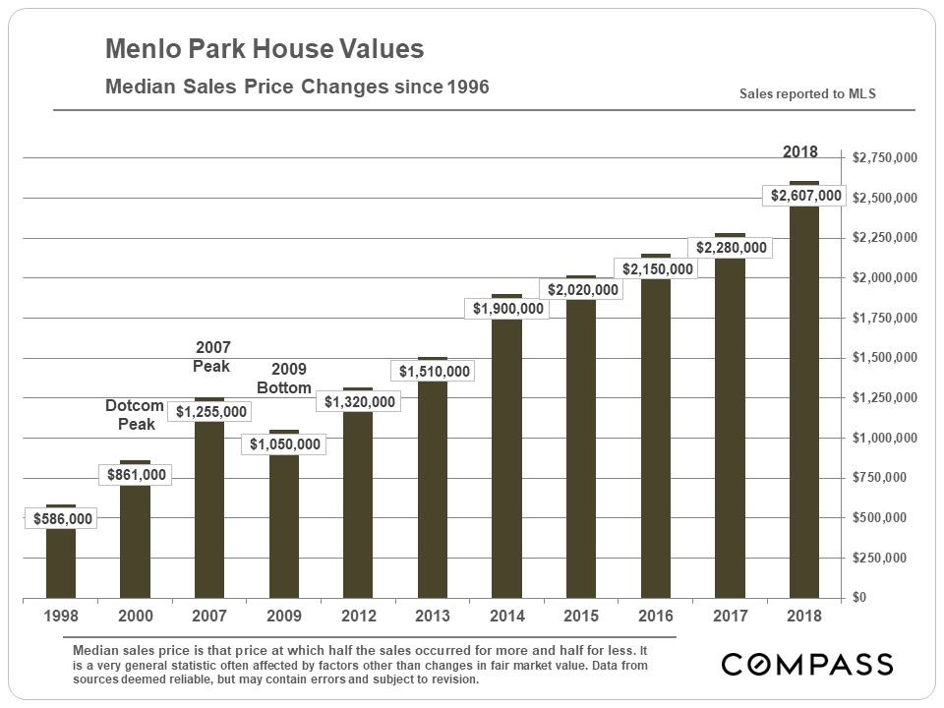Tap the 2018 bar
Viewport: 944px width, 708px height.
point(804,413)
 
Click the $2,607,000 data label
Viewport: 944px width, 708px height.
point(804,196)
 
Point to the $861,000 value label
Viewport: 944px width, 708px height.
point(136,475)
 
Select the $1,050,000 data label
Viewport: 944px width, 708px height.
point(284,444)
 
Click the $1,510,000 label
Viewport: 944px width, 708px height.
point(433,372)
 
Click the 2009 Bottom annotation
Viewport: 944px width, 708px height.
point(284,379)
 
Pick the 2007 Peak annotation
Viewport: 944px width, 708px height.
point(212,357)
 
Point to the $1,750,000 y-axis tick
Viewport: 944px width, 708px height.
point(885,318)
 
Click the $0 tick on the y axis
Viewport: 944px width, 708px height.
point(859,598)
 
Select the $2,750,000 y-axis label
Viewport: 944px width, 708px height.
point(885,157)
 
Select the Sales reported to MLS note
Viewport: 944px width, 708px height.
point(807,94)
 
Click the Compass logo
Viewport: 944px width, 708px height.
point(806,664)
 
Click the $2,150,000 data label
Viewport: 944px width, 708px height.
point(656,268)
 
